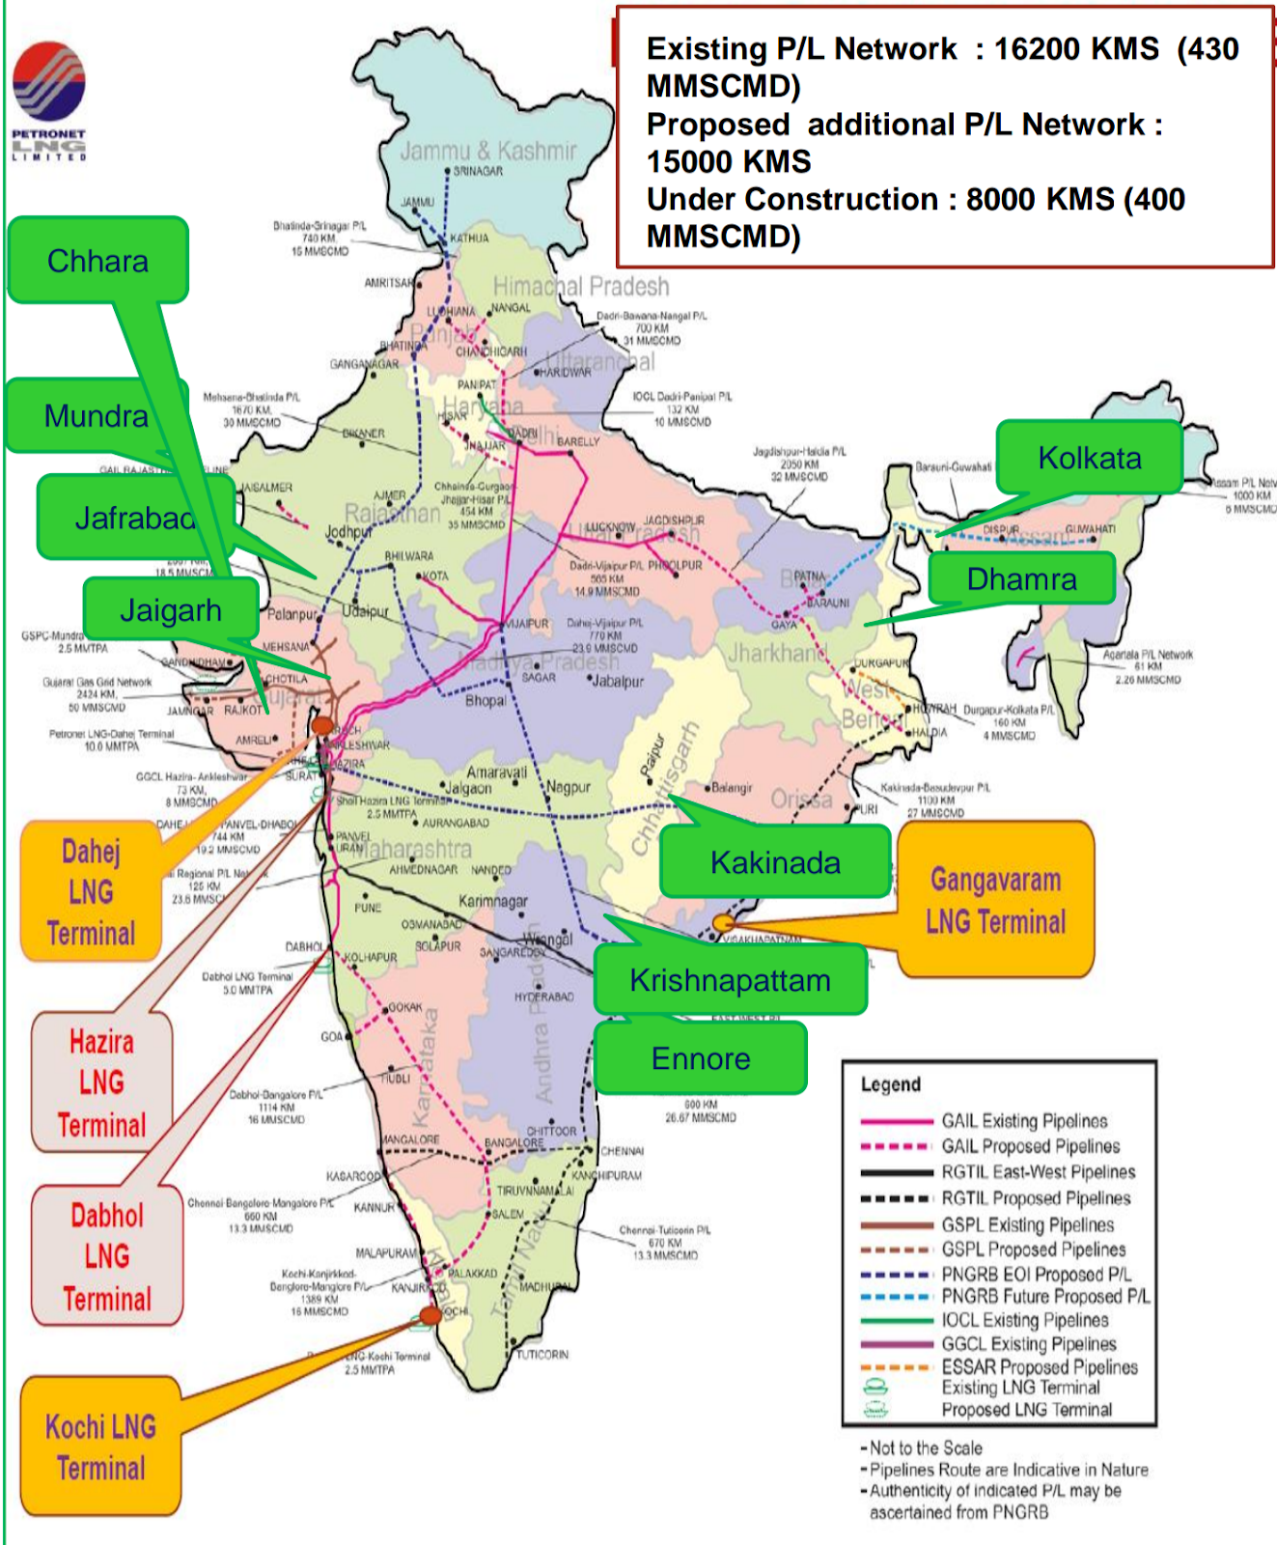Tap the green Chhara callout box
97,261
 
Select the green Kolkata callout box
1089,458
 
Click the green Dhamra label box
1021,578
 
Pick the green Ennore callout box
701,1058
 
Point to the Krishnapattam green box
730,980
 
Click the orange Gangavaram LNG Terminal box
995,900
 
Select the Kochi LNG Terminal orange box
100,1447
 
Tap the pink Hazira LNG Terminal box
101,1082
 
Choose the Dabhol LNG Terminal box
106,1256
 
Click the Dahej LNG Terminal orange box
91,891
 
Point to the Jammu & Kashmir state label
487,151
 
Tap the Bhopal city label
486,700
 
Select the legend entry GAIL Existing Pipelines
1023,1121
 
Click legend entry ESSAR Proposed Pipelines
1039,1367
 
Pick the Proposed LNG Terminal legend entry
1026,1410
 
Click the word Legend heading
890,1084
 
